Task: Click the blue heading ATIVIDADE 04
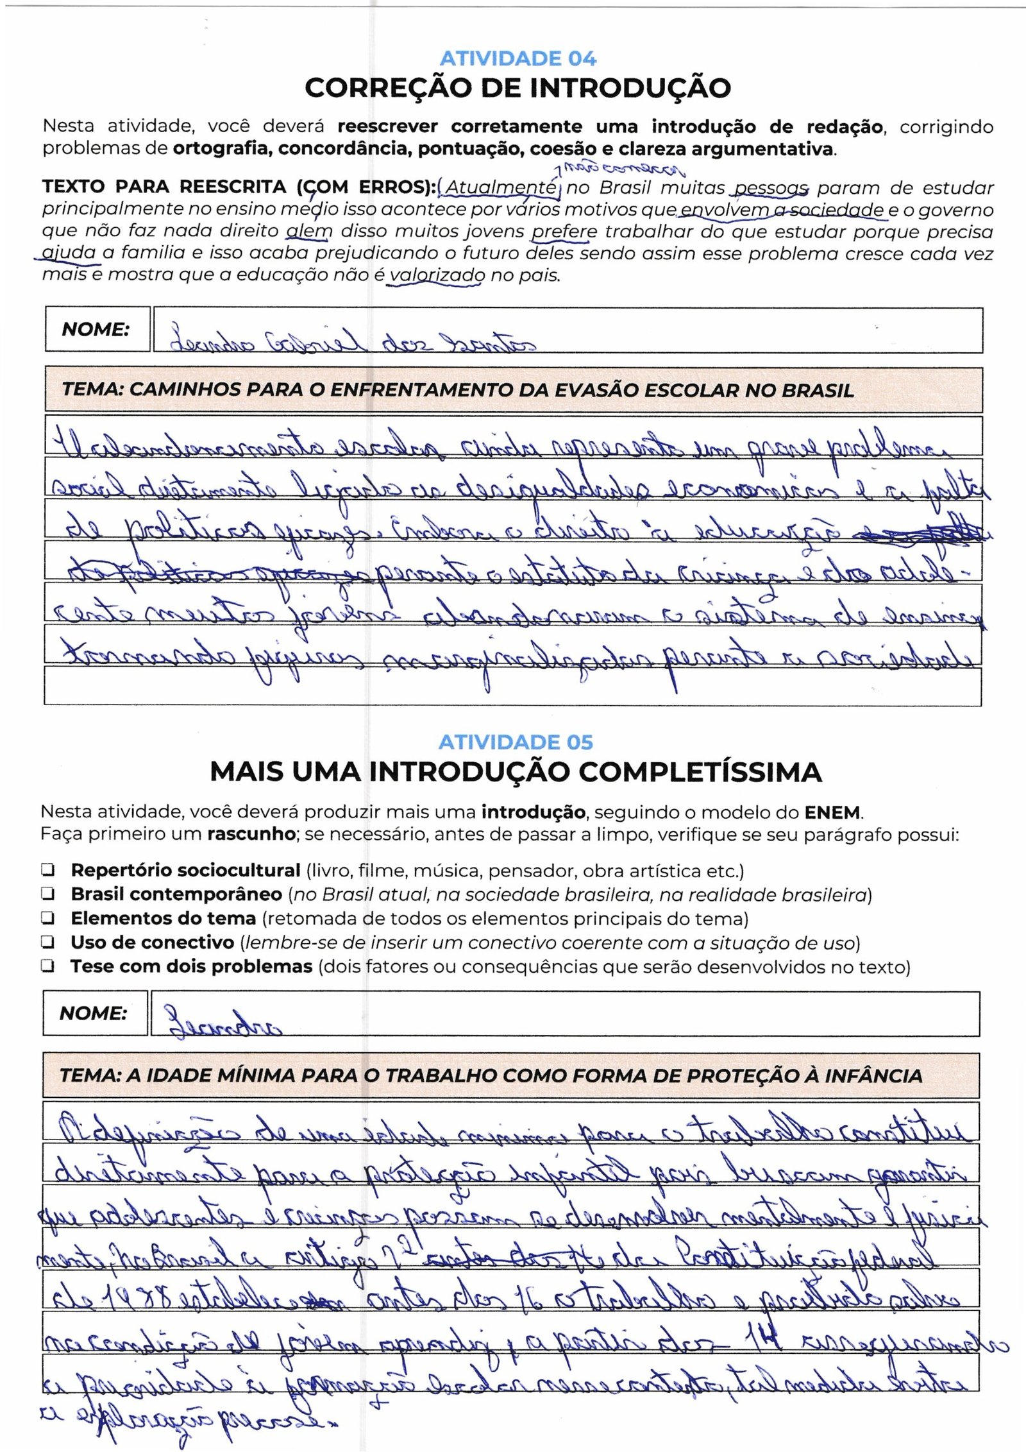click(x=517, y=59)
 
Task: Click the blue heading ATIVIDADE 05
click(x=516, y=742)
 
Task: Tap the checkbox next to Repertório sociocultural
click(x=47, y=871)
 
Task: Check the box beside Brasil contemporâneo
click(x=47, y=894)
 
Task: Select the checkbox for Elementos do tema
click(x=47, y=918)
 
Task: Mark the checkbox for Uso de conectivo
click(x=47, y=943)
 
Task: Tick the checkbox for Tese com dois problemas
click(x=47, y=966)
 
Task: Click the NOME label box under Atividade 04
click(x=97, y=330)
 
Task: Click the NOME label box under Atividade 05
click(x=94, y=1014)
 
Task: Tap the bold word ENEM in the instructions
click(x=834, y=812)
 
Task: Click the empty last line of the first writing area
click(x=513, y=687)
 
